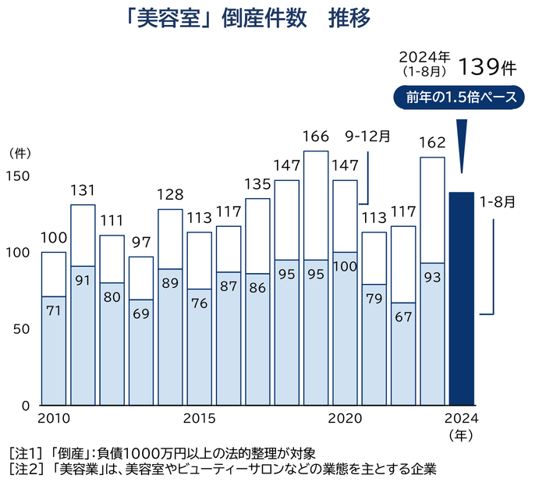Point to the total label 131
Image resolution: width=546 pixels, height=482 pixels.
[x=82, y=191]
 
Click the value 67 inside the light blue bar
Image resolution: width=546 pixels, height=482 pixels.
[x=403, y=318]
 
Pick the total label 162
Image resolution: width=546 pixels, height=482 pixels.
[x=431, y=144]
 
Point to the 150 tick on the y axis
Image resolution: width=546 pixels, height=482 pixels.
[x=18, y=177]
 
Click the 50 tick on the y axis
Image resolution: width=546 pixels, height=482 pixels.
[x=21, y=330]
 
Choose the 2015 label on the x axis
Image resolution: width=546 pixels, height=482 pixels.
[x=199, y=418]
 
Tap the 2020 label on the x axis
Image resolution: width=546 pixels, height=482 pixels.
[x=345, y=418]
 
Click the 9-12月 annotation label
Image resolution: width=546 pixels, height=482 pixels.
[x=367, y=136]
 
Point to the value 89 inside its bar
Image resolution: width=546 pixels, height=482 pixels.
[x=169, y=285]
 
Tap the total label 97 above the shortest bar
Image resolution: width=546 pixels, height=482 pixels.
[x=140, y=243]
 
